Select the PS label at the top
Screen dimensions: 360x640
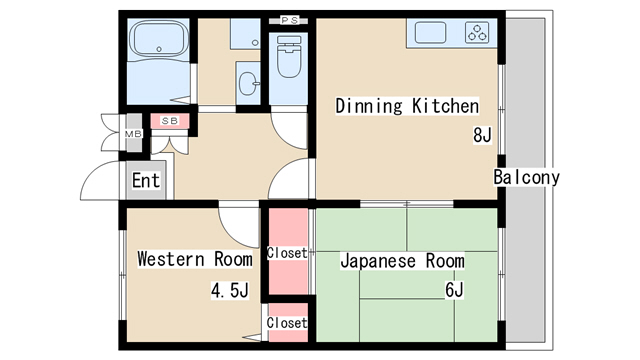[289, 19]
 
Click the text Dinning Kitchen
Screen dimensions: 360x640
[407, 106]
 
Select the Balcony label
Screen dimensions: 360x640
[526, 178]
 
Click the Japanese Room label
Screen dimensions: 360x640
[402, 261]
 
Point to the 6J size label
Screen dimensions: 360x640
[455, 290]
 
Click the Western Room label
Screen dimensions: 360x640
[195, 260]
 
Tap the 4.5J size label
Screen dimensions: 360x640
[229, 291]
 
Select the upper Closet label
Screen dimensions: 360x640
[287, 254]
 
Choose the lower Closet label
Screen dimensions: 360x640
[287, 323]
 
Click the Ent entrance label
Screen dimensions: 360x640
[146, 181]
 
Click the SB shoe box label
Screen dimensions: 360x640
[169, 122]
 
